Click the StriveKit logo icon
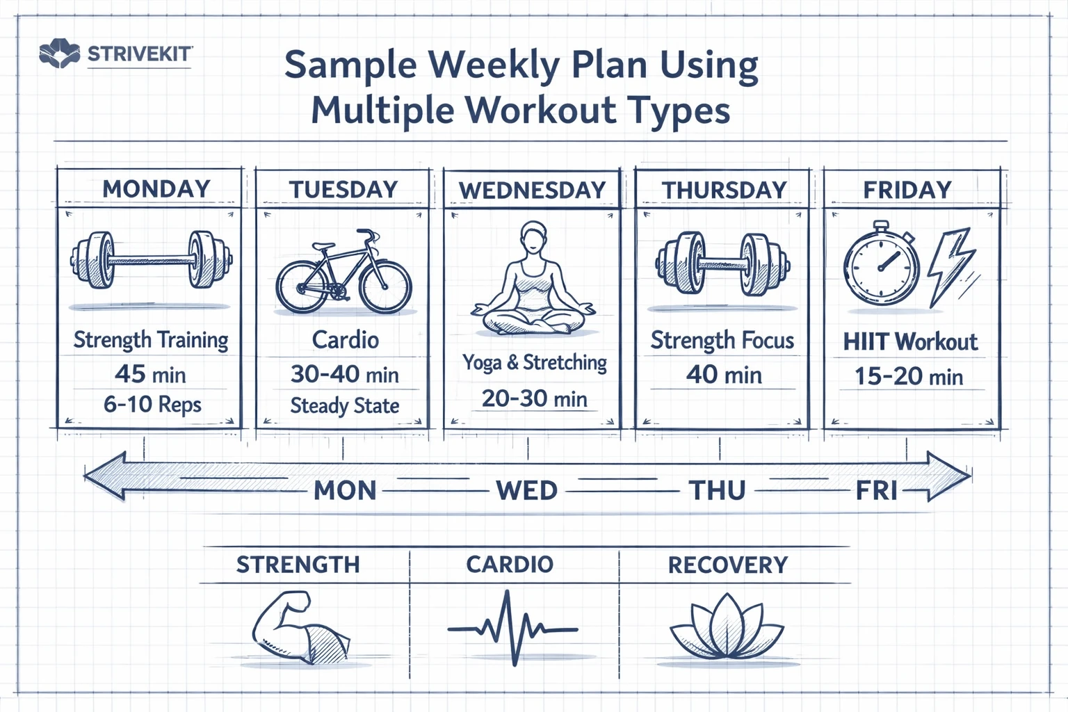[x=59, y=54]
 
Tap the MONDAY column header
[x=156, y=189]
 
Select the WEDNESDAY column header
[x=532, y=191]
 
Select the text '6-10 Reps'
[x=152, y=404]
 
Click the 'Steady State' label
[x=344, y=405]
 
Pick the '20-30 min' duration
[x=534, y=398]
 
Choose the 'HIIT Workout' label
[x=910, y=341]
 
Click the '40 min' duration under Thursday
[x=724, y=375]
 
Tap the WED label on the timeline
[x=526, y=491]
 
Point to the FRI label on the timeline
[x=876, y=491]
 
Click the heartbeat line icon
[x=512, y=629]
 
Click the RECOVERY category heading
[x=727, y=565]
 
